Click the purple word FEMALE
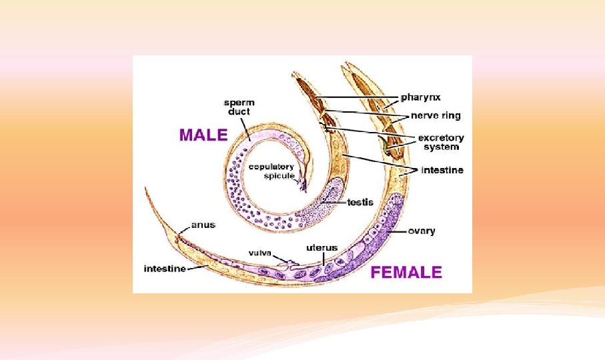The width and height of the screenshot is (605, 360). pos(406,272)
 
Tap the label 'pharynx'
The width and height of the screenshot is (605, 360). pos(420,97)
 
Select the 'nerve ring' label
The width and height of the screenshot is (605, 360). pos(435,115)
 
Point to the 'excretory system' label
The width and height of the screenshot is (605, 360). pos(440,142)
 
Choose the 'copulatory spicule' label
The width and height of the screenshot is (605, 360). pos(272,171)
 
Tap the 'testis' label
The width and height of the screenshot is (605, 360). pos(360,201)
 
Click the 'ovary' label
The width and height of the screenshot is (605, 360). pos(422,231)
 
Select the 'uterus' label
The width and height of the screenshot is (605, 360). pos(322,247)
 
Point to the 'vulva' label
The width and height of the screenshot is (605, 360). pos(259,253)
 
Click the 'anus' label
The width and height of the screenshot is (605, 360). pos(203,225)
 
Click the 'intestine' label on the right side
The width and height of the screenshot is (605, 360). pos(442,170)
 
